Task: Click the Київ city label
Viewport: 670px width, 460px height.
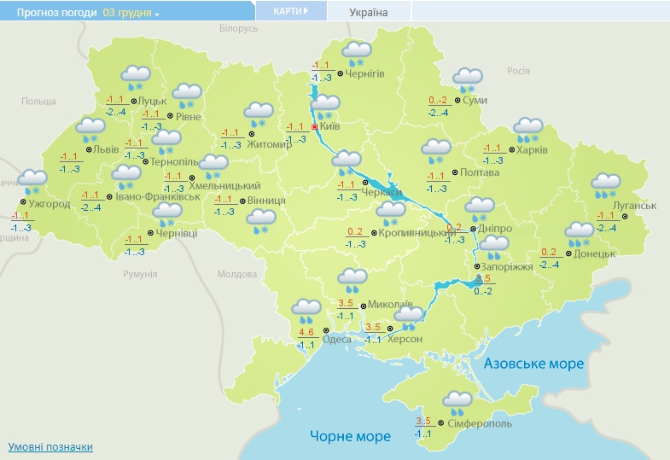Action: coord(330,126)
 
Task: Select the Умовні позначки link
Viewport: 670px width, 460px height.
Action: coord(50,446)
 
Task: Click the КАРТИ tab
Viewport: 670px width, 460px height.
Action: coord(290,11)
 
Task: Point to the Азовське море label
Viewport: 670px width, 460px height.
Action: coord(533,364)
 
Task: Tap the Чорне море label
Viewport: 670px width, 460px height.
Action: coord(350,436)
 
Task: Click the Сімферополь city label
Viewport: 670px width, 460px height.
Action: coord(480,423)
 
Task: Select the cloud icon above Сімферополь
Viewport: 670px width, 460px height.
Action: coord(457,399)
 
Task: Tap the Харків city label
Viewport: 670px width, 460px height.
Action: coord(533,149)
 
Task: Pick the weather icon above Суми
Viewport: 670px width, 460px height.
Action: coord(467,79)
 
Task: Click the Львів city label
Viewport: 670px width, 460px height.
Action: coord(107,148)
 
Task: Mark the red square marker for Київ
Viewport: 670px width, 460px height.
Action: coord(315,126)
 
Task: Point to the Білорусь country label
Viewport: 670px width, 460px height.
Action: coord(238,28)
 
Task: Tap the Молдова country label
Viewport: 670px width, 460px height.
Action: coord(236,274)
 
